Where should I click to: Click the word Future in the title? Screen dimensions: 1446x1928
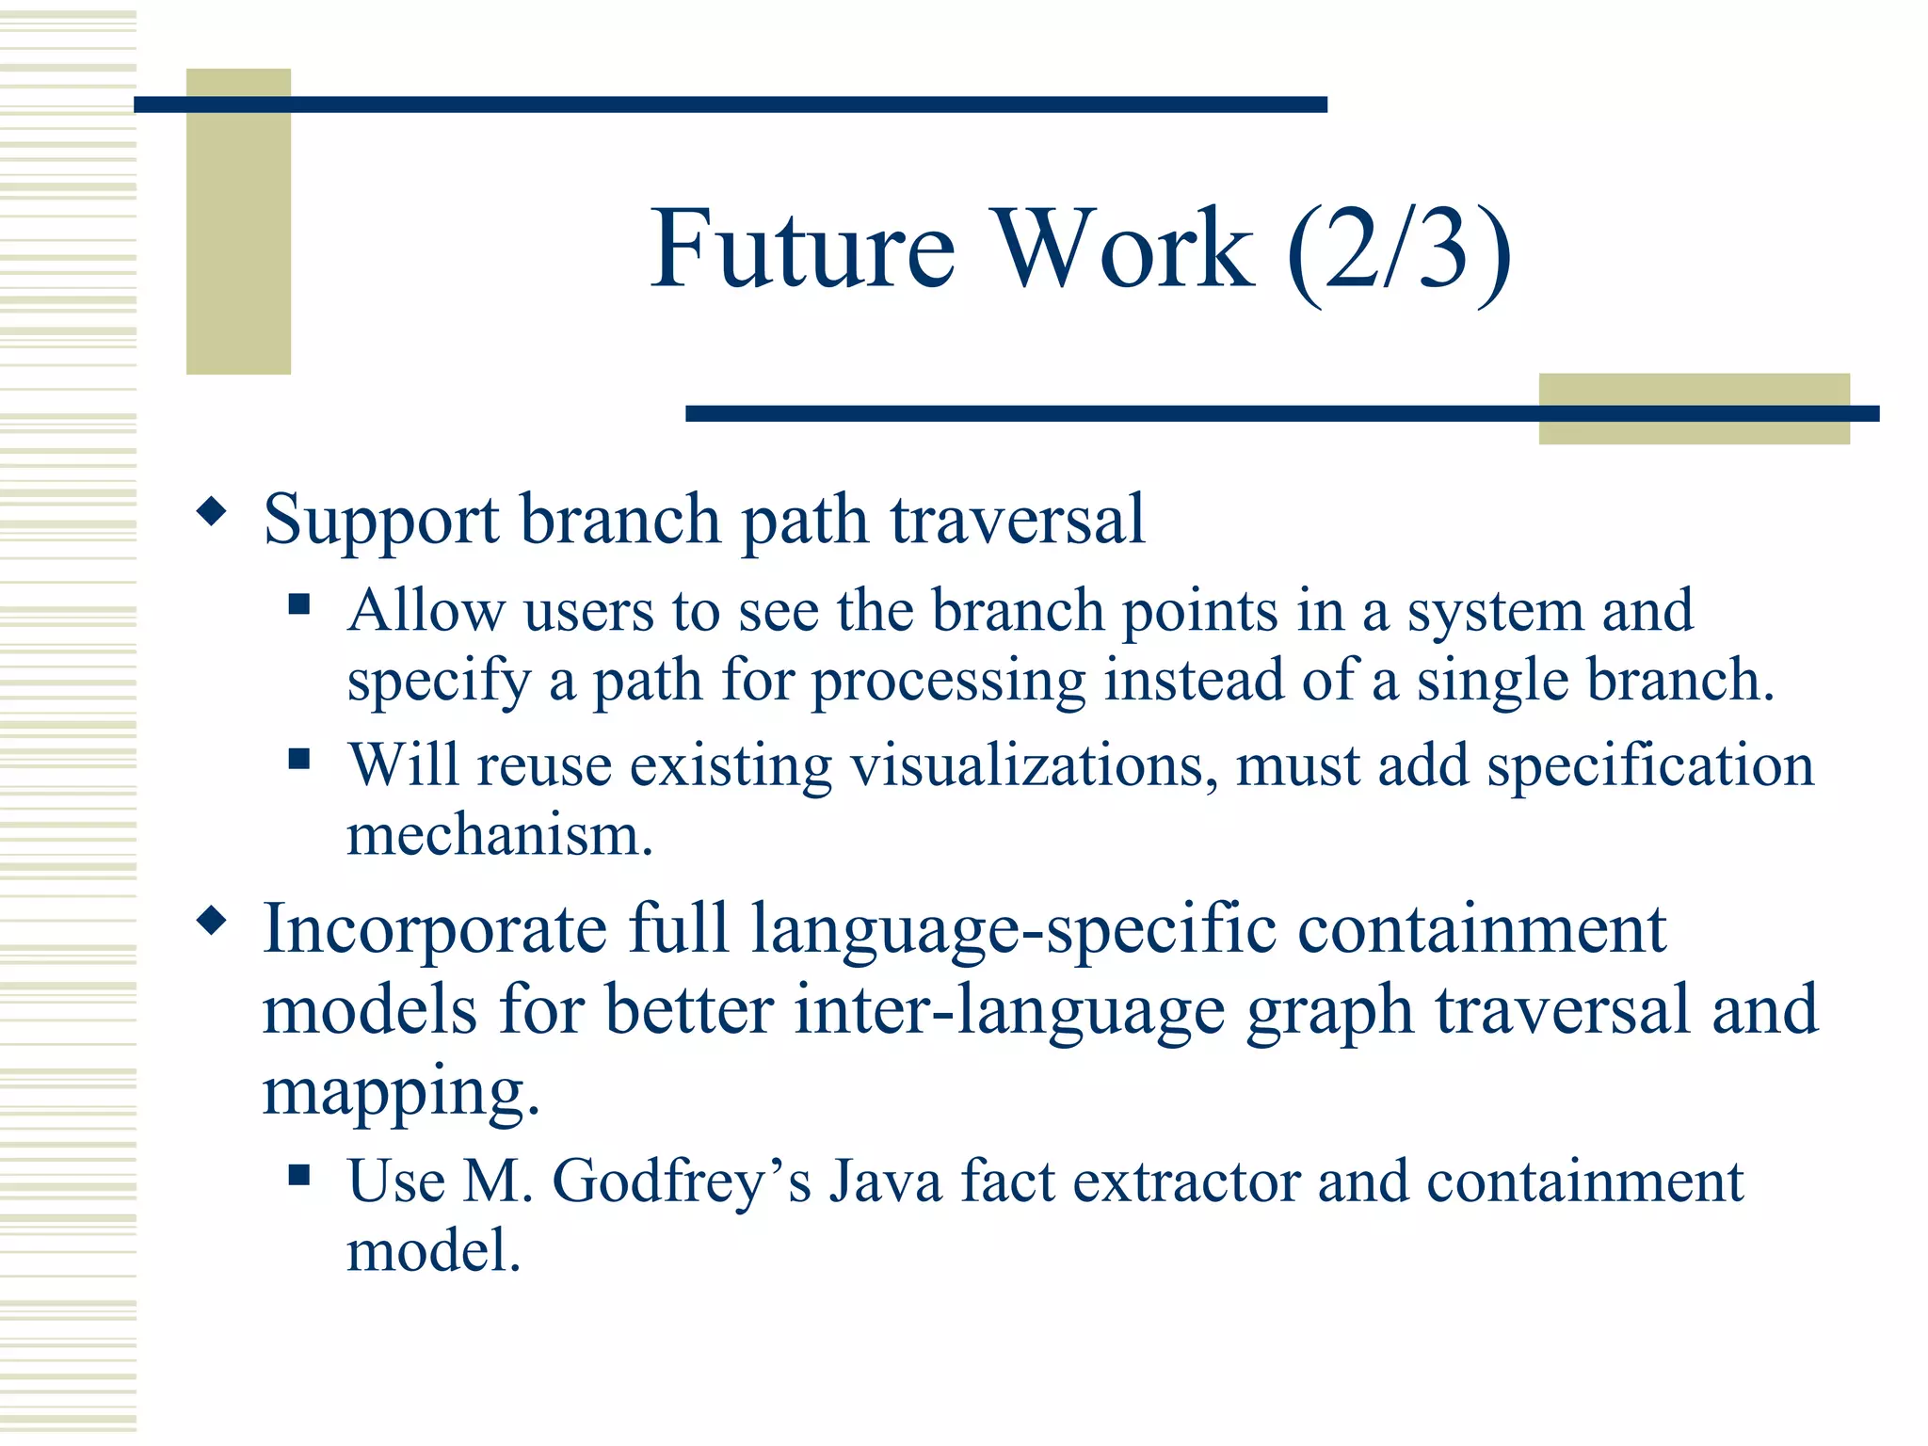802,249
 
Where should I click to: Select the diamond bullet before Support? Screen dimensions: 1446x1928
212,512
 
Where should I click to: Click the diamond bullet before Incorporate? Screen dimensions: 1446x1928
212,921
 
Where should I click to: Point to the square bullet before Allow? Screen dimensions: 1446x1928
299,603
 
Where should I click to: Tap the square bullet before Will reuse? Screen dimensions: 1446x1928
299,759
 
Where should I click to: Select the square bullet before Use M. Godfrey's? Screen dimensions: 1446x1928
299,1174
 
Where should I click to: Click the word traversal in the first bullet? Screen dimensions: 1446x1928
1018,520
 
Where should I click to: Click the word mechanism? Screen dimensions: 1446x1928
499,835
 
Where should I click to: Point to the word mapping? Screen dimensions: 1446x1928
400,1092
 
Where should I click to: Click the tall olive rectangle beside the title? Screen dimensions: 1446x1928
238,221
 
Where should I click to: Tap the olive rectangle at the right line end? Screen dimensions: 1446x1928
1694,409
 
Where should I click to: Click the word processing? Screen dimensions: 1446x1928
948,682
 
